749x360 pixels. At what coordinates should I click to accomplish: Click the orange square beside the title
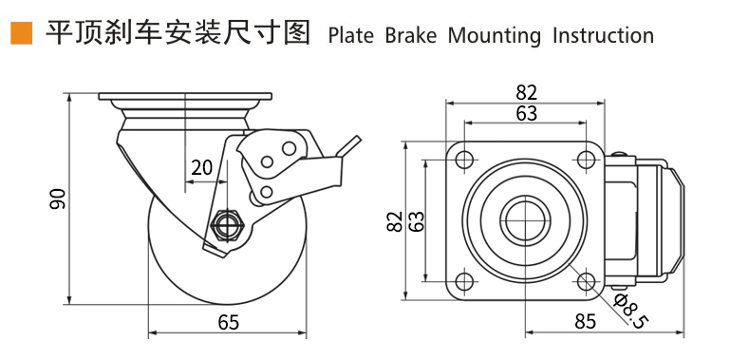pyautogui.click(x=22, y=33)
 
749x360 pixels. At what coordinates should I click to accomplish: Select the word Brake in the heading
pyautogui.click(x=411, y=36)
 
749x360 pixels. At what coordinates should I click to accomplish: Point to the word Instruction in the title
pyautogui.click(x=604, y=36)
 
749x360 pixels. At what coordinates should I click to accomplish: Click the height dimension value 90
pyautogui.click(x=58, y=199)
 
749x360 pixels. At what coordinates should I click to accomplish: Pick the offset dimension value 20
pyautogui.click(x=201, y=168)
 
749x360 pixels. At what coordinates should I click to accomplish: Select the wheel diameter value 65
pyautogui.click(x=229, y=324)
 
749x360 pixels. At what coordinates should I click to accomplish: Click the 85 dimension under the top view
pyautogui.click(x=586, y=322)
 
